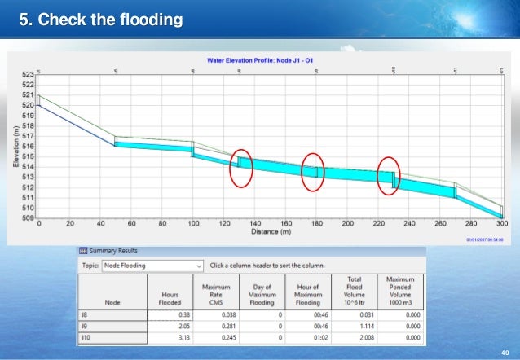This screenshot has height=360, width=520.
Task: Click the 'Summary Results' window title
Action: coord(115,251)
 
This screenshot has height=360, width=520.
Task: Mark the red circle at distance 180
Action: coord(313,172)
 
